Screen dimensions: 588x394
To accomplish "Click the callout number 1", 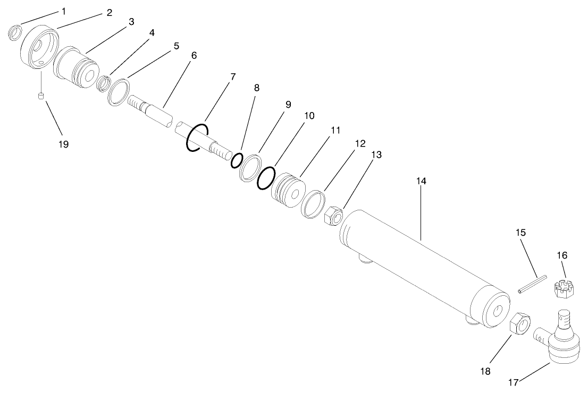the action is (x=64, y=11).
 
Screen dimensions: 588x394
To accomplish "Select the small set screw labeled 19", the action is (x=41, y=96).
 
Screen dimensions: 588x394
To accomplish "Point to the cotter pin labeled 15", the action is (x=532, y=282).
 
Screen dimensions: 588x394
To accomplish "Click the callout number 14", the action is (x=422, y=181).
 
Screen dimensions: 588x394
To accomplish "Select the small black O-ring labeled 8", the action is (x=237, y=160).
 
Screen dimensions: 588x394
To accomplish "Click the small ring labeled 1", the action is (x=15, y=33).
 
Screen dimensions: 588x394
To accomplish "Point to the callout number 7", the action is (x=233, y=76).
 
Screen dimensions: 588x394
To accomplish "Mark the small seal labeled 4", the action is (x=104, y=83).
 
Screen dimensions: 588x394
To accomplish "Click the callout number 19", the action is (x=64, y=144).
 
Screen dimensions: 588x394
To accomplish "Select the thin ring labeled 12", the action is (x=313, y=203).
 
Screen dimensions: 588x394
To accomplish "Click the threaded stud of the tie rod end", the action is (x=564, y=321).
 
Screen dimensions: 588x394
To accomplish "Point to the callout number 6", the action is (x=194, y=55).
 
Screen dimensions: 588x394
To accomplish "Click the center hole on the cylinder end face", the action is (x=498, y=312).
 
